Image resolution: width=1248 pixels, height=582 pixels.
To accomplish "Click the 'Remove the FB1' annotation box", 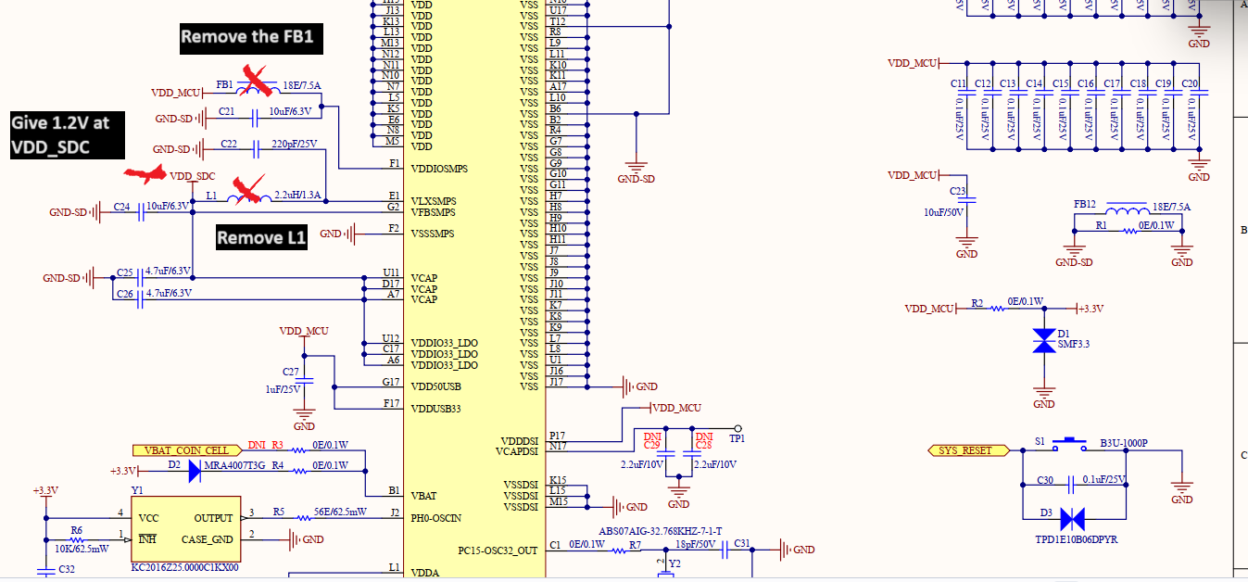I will click(x=246, y=38).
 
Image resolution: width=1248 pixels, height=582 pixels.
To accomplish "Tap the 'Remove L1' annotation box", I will click(x=261, y=238).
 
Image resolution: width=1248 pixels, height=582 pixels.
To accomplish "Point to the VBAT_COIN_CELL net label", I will click(x=186, y=450).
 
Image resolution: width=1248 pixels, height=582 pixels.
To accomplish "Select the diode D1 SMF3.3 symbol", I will click(x=1044, y=340).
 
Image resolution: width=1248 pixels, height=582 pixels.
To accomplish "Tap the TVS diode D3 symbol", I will click(x=1073, y=519).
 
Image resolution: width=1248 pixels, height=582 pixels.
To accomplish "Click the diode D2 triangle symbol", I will click(x=194, y=471).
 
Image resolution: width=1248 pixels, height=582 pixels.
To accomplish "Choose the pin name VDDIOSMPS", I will click(x=439, y=169).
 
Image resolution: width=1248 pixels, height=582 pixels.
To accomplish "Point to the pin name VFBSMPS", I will click(x=433, y=212).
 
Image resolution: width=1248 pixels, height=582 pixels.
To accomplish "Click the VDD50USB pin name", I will click(x=435, y=386).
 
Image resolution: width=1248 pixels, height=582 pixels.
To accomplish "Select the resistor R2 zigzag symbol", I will click(x=997, y=309).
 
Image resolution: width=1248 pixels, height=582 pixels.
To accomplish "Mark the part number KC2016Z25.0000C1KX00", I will click(x=185, y=567).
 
